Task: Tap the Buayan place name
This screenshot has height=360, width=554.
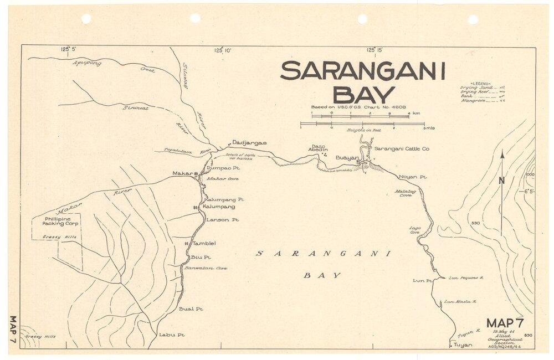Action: tap(348, 158)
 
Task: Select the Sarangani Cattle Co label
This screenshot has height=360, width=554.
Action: tap(402, 149)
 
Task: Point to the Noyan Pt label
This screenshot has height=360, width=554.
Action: tap(413, 177)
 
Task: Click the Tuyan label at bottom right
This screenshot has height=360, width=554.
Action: tap(463, 345)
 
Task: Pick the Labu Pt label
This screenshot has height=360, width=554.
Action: tap(171, 335)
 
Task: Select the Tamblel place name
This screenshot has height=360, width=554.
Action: tap(203, 244)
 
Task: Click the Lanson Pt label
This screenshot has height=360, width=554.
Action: tap(222, 220)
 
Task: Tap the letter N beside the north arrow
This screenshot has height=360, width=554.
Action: tap(501, 180)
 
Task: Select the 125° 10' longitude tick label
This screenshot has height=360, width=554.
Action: tap(223, 50)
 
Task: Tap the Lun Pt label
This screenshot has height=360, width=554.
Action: tap(422, 281)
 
